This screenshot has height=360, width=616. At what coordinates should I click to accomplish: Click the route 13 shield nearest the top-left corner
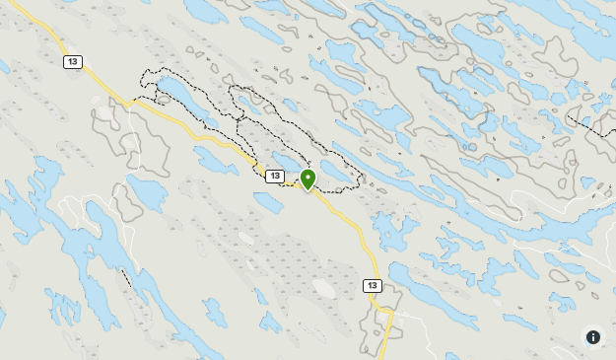pos(73,62)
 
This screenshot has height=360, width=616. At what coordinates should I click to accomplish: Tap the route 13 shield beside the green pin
pos(275,176)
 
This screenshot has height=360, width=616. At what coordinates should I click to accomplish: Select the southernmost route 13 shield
pos(372,286)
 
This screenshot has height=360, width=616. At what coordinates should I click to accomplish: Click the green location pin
pos(308,179)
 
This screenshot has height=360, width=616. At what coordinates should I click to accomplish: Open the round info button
pos(593,337)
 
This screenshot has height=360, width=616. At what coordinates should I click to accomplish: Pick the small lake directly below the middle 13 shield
pos(267,201)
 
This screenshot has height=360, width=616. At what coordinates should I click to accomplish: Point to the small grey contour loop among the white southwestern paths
pos(124,203)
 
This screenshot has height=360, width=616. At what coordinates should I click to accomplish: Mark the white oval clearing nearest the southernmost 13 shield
pos(323,288)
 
